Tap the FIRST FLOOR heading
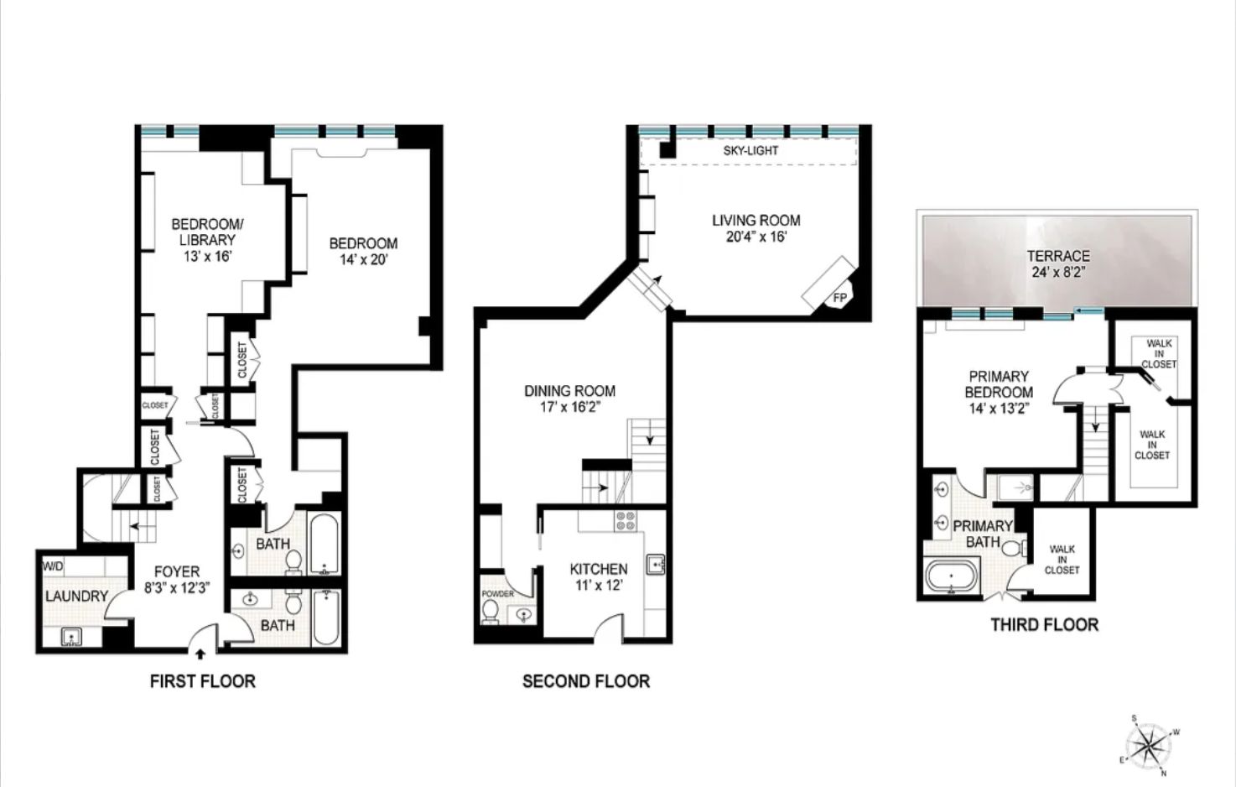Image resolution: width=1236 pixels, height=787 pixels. click(x=202, y=681)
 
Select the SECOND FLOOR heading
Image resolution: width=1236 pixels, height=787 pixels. click(x=585, y=681)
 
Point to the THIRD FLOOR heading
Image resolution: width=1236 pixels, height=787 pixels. click(x=1044, y=624)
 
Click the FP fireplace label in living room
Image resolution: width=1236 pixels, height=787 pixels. click(x=839, y=298)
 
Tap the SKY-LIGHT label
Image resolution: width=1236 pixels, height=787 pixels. click(x=750, y=151)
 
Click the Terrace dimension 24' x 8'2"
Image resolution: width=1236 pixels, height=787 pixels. click(x=1058, y=272)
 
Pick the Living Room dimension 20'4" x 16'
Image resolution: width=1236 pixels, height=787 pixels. click(x=756, y=237)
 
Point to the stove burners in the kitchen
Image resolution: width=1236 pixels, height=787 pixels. click(x=626, y=521)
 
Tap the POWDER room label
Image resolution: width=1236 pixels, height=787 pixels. click(x=498, y=594)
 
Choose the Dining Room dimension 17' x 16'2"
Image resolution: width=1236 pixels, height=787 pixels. click(x=569, y=407)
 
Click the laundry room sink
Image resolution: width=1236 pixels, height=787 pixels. click(x=72, y=638)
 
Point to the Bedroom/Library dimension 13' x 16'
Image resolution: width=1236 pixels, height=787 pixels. click(x=206, y=256)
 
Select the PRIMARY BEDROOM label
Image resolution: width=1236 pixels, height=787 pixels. click(x=998, y=384)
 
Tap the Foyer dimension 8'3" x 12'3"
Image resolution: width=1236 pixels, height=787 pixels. click(x=177, y=588)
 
